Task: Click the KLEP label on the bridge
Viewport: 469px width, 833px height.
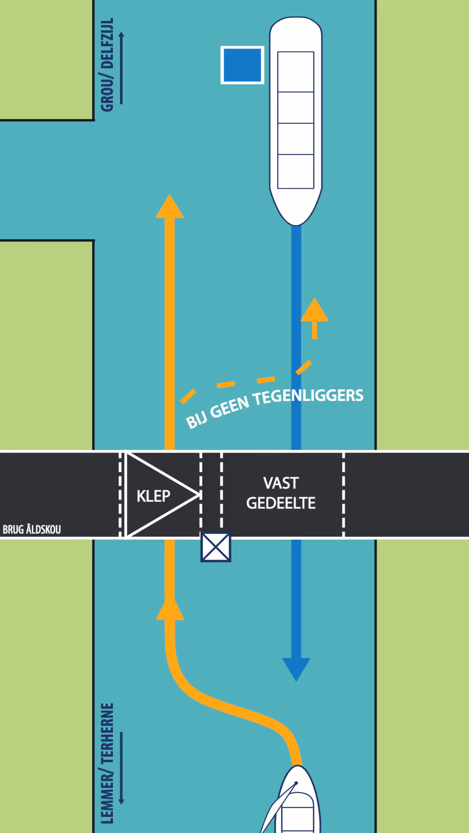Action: pyautogui.click(x=153, y=496)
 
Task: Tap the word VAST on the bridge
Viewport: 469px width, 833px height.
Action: pyautogui.click(x=281, y=483)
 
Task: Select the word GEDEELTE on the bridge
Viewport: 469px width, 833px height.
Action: pyautogui.click(x=281, y=503)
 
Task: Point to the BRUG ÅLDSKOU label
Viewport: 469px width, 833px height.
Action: pyautogui.click(x=32, y=529)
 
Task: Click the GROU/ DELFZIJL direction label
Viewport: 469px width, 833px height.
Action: pyautogui.click(x=107, y=65)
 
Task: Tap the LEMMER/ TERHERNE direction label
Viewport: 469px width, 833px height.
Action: pyautogui.click(x=107, y=764)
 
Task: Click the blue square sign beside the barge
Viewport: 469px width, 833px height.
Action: pyautogui.click(x=242, y=65)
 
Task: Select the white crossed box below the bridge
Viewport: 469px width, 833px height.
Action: pyautogui.click(x=216, y=547)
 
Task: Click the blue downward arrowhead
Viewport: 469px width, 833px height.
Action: pyautogui.click(x=296, y=668)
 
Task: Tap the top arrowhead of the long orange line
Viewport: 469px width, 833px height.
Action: pyautogui.click(x=169, y=207)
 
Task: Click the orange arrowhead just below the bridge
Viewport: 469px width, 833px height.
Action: pyautogui.click(x=170, y=610)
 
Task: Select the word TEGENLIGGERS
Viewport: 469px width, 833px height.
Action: pyautogui.click(x=308, y=397)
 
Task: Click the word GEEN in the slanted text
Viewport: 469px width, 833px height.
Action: pyautogui.click(x=230, y=407)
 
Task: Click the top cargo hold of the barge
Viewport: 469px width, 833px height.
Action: pyautogui.click(x=296, y=72)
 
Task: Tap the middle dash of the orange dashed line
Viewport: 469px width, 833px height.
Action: pyautogui.click(x=226, y=384)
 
